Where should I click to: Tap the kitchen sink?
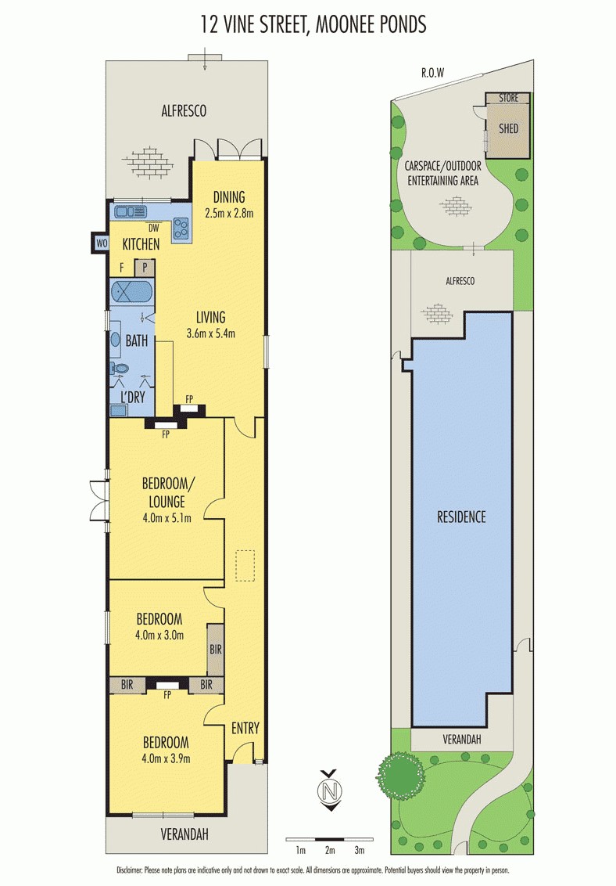(x=130, y=211)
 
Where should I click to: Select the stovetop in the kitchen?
(x=182, y=228)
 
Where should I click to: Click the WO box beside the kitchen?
(x=101, y=243)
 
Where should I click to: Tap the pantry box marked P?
(x=145, y=268)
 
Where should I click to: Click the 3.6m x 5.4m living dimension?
(x=210, y=333)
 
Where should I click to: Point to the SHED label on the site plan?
(x=508, y=128)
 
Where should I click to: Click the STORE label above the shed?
(x=508, y=99)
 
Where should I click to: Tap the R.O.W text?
(x=432, y=73)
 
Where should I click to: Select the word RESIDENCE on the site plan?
(x=461, y=517)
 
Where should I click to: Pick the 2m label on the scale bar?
(x=330, y=850)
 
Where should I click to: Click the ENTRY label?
(x=245, y=728)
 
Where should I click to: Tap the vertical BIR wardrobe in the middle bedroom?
(x=215, y=649)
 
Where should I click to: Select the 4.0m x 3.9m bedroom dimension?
(x=166, y=758)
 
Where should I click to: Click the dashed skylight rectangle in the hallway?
(x=245, y=566)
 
